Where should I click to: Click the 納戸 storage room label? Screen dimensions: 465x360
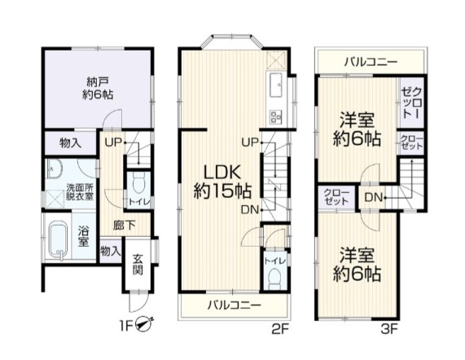97,80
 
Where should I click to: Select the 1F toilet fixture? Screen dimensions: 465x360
138,182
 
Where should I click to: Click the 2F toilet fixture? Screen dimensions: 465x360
274,279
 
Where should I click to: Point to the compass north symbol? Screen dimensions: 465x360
145,323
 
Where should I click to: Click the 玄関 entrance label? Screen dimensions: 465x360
137,265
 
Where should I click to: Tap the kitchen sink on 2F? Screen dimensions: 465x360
276,86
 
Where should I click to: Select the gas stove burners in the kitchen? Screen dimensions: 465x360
276,116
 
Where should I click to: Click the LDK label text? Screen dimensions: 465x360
222,173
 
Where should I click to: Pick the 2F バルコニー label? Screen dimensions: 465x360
234,305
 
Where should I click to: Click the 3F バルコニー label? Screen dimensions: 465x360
371,62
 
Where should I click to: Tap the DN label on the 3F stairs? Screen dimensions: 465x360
373,197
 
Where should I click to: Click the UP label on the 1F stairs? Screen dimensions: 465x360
113,143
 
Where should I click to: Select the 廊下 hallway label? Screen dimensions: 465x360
124,226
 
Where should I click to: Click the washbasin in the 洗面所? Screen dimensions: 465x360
55,169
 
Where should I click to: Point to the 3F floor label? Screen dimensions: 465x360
389,329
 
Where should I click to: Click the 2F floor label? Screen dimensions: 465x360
280,329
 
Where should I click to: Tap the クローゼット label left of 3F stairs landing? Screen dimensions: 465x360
336,197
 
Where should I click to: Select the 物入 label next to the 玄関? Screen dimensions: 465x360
110,252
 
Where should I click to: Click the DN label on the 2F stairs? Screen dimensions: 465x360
250,210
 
